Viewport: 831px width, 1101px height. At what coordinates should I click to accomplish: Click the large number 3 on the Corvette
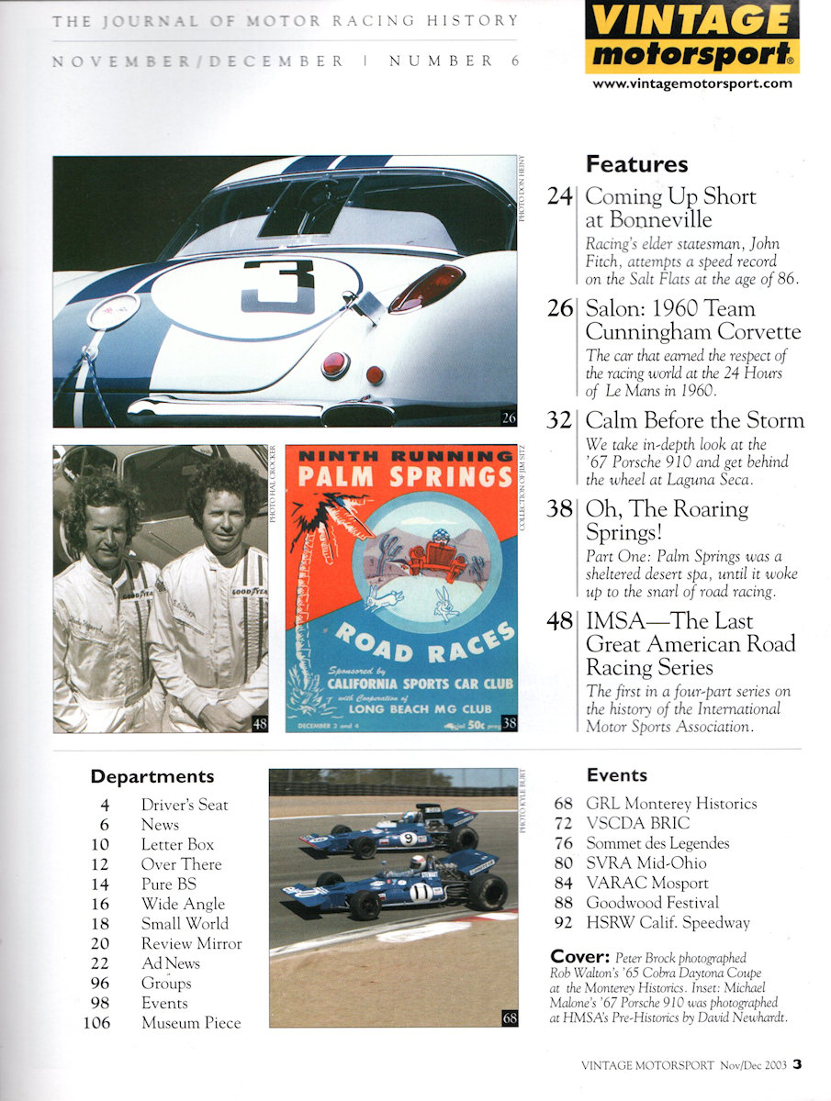(278, 285)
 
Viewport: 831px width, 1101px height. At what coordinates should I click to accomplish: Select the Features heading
(636, 165)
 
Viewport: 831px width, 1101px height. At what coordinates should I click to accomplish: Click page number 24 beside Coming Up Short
(560, 196)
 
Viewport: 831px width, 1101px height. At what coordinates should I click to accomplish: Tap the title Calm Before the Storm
(694, 421)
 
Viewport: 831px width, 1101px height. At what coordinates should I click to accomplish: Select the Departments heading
(152, 777)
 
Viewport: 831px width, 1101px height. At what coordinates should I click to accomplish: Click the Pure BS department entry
(168, 884)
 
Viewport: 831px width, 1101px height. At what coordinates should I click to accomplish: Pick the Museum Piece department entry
(191, 1023)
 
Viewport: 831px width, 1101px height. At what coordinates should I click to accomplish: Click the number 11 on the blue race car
(421, 890)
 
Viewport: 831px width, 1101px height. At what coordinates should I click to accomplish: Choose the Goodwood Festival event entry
(652, 903)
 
